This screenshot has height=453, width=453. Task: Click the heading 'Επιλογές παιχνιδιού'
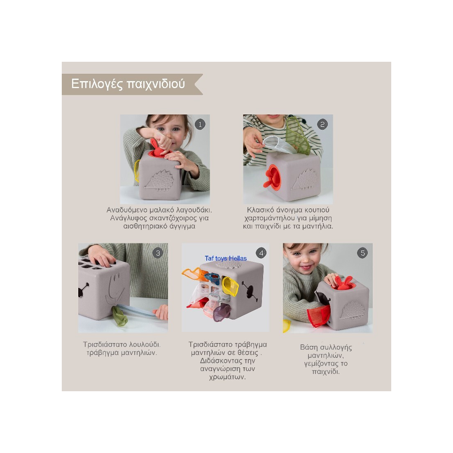pyautogui.click(x=128, y=84)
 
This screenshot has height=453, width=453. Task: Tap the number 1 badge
pyautogui.click(x=200, y=124)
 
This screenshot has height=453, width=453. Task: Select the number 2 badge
pyautogui.click(x=322, y=124)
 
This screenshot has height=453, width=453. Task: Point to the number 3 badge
pyautogui.click(x=158, y=253)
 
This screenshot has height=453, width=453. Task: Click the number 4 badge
pyautogui.click(x=261, y=253)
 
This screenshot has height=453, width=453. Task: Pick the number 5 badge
pyautogui.click(x=362, y=253)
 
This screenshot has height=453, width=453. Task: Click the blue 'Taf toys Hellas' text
pyautogui.click(x=226, y=259)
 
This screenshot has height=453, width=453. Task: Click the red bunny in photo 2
pyautogui.click(x=271, y=177)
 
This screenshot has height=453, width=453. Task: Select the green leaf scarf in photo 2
pyautogui.click(x=298, y=136)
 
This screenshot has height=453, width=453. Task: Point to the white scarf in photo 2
pyautogui.click(x=277, y=145)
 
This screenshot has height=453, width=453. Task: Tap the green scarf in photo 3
pyautogui.click(x=119, y=316)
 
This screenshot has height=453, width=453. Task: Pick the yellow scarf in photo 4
pyautogui.click(x=230, y=286)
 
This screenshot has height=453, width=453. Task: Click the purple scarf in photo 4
pyautogui.click(x=222, y=311)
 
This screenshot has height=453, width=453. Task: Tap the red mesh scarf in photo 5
pyautogui.click(x=318, y=315)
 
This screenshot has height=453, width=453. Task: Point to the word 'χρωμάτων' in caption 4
pyautogui.click(x=227, y=377)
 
